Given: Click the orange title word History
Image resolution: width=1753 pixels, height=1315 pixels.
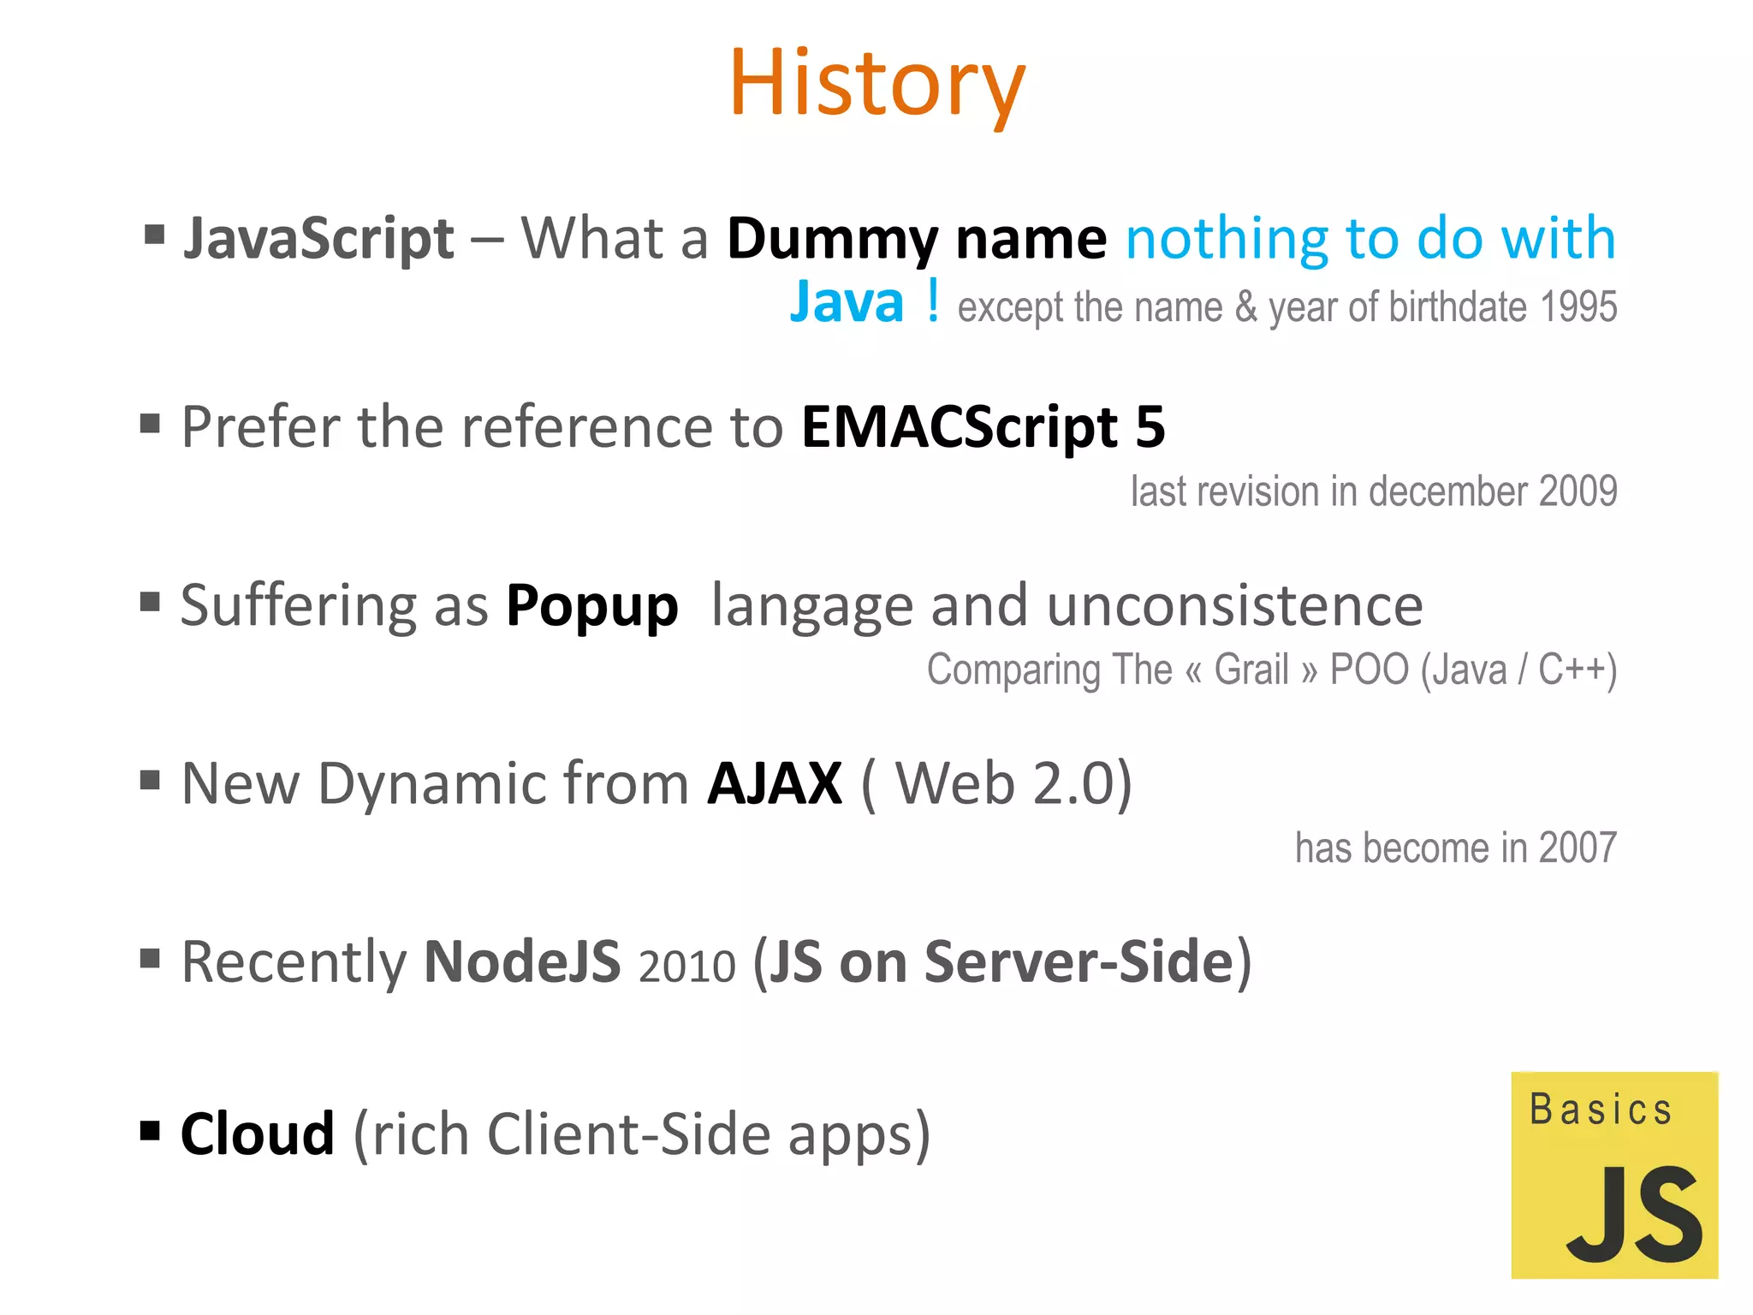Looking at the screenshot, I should pyautogui.click(x=876, y=84).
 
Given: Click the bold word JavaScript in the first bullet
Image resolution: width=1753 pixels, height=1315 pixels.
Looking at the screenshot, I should pyautogui.click(x=318, y=239).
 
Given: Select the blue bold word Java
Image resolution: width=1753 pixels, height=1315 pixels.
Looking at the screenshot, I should pyautogui.click(x=847, y=302).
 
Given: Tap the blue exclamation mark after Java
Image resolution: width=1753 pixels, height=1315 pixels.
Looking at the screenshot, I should pyautogui.click(x=933, y=301).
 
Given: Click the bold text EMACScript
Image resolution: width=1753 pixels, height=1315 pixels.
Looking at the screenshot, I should pyautogui.click(x=959, y=427).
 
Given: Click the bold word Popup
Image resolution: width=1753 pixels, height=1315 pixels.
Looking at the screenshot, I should pyautogui.click(x=591, y=607).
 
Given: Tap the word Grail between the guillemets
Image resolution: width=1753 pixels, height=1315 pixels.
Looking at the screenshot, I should pyautogui.click(x=1251, y=669).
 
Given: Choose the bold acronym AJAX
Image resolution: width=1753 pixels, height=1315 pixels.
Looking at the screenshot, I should pyautogui.click(x=775, y=783).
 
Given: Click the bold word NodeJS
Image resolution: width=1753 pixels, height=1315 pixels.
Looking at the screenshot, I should pyautogui.click(x=522, y=961).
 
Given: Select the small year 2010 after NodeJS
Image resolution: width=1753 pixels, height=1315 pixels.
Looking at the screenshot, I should pyautogui.click(x=686, y=966).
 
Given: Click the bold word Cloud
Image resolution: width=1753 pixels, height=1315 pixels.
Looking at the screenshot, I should pyautogui.click(x=257, y=1134).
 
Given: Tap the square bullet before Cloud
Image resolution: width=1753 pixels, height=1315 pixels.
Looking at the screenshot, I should pyautogui.click(x=151, y=1131).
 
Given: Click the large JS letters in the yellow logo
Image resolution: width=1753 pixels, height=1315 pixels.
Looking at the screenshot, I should pyautogui.click(x=1634, y=1215).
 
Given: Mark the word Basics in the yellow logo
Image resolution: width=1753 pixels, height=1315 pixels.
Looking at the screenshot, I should pyautogui.click(x=1600, y=1110).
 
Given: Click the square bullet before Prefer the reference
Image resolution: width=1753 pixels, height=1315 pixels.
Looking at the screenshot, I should pyautogui.click(x=151, y=423).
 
